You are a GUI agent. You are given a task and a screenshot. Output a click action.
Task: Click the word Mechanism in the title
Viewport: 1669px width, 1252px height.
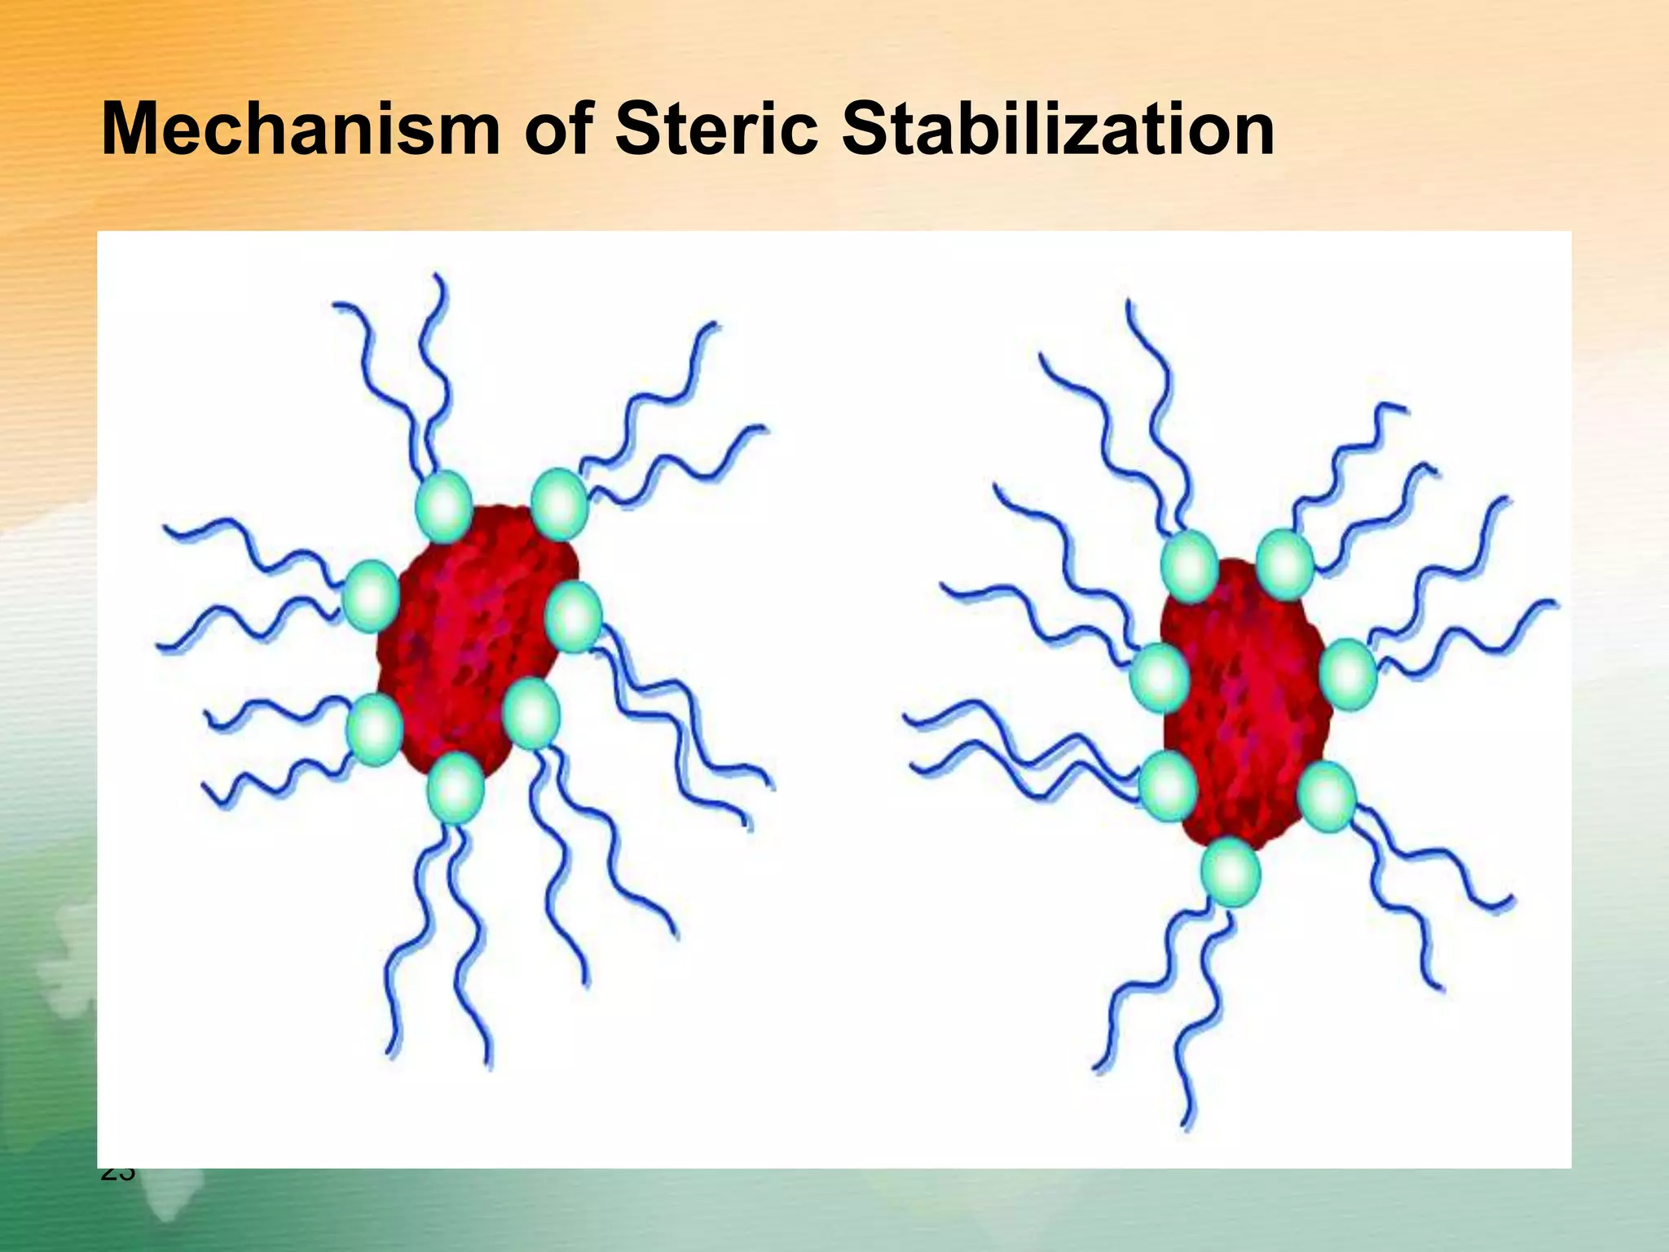click(300, 130)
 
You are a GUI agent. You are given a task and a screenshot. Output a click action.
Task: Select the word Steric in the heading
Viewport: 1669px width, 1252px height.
click(717, 130)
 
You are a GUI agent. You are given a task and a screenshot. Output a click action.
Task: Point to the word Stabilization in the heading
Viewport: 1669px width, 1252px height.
click(1058, 130)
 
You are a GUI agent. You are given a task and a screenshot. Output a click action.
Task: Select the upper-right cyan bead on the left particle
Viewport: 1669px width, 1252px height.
click(560, 505)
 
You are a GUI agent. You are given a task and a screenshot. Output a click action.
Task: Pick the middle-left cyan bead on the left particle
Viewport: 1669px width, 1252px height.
click(371, 596)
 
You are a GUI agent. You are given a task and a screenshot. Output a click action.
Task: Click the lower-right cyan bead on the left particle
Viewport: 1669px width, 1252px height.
click(531, 713)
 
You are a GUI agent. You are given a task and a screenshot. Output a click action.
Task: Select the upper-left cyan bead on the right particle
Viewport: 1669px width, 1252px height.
click(1189, 566)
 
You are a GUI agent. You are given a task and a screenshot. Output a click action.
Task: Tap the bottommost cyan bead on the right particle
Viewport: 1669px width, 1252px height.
click(1231, 872)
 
